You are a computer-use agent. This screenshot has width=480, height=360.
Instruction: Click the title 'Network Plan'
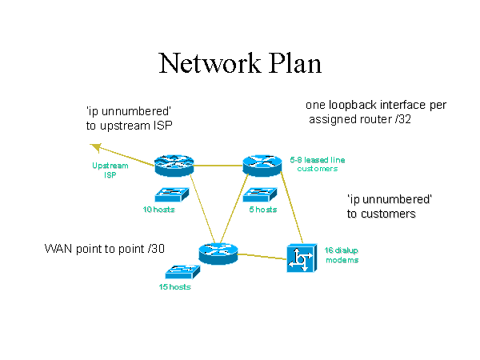point(239,62)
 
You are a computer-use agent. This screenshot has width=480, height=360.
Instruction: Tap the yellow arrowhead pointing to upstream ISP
point(95,146)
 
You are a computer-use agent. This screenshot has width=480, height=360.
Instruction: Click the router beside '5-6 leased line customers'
point(262,165)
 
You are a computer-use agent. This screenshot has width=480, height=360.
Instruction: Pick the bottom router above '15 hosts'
point(214,254)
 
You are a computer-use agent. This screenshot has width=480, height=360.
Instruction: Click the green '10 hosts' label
point(158,210)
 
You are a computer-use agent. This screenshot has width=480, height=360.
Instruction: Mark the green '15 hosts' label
point(175,286)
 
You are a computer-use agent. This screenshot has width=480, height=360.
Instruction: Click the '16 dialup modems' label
point(342,255)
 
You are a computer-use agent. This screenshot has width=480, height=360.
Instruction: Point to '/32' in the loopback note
point(399,120)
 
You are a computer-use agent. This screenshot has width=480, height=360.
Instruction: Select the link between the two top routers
point(218,166)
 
